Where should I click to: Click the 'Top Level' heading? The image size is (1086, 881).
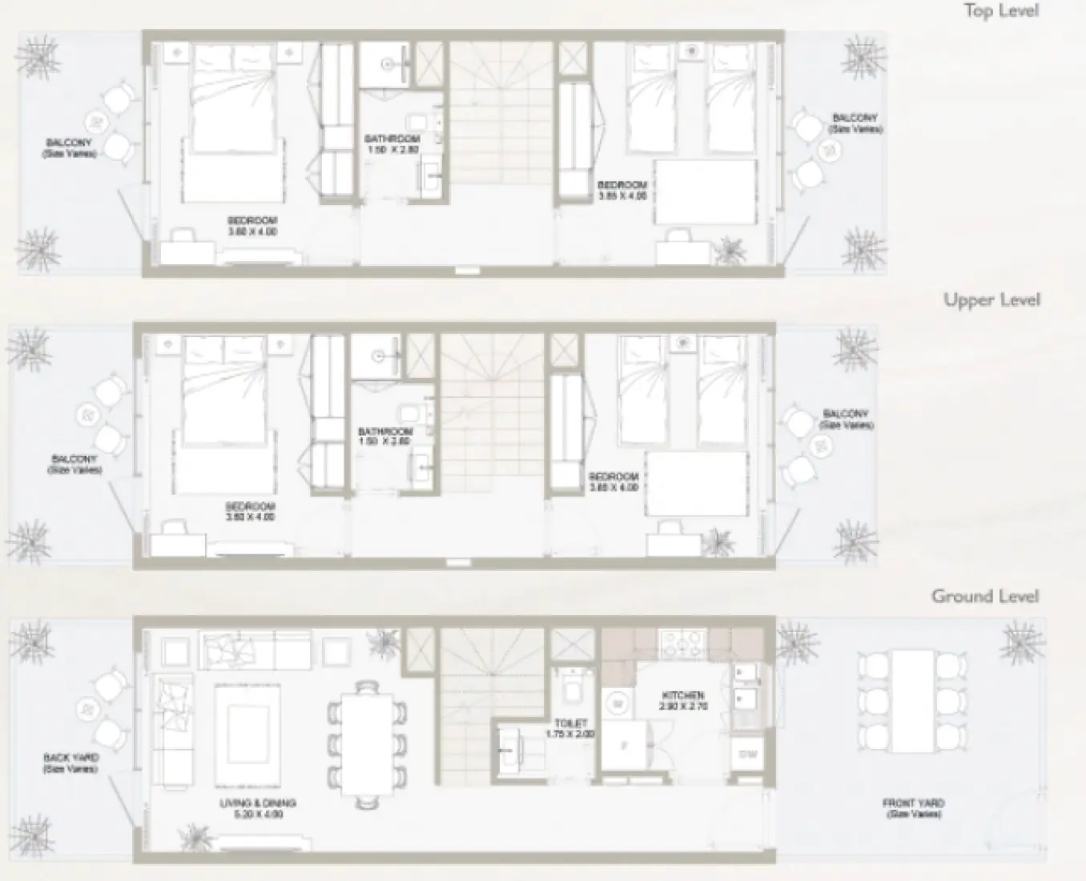tap(1001, 11)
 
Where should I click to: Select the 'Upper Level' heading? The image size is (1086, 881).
tap(991, 300)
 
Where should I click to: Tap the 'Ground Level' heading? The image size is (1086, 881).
tap(985, 597)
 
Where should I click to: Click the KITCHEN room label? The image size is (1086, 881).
tap(682, 696)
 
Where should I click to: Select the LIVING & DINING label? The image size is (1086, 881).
tap(258, 803)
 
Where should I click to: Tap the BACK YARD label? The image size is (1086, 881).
tap(71, 758)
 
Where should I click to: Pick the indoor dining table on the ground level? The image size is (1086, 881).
tap(368, 741)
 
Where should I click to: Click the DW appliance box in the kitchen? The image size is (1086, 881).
tap(747, 754)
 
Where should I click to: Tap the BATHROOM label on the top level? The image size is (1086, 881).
tap(392, 139)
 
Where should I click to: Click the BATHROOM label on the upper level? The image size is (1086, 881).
tap(384, 432)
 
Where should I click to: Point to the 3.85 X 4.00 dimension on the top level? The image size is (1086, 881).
tap(621, 195)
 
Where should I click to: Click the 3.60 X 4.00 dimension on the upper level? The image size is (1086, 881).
tap(250, 517)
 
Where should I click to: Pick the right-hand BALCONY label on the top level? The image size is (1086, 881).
tap(855, 118)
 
